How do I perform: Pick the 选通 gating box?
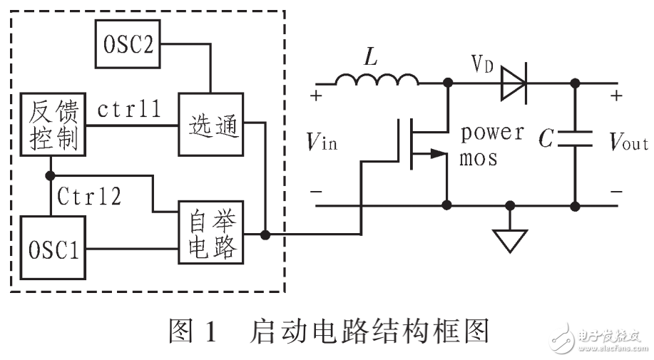211,125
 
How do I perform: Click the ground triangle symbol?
509,241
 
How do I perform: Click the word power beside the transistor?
492,133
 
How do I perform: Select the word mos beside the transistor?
478,158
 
